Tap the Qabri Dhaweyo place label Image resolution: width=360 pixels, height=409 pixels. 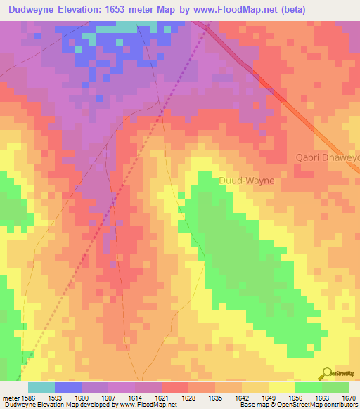pos(328,158)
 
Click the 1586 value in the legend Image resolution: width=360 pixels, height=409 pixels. pos(28,398)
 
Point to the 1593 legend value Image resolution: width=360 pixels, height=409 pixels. pos(54,398)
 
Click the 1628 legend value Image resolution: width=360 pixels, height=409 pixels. pos(188,398)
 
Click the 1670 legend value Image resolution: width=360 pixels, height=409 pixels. pos(349,398)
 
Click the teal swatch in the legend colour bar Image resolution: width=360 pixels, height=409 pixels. pos(41,387)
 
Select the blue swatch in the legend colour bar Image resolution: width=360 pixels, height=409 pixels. pos(68,387)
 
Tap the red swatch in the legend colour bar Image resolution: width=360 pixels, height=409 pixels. pos(175,387)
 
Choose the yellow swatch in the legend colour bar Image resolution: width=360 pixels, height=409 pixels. pos(282,387)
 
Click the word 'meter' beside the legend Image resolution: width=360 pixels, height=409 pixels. pos(10,398)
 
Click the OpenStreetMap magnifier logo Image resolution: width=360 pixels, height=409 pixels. pos(326,374)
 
